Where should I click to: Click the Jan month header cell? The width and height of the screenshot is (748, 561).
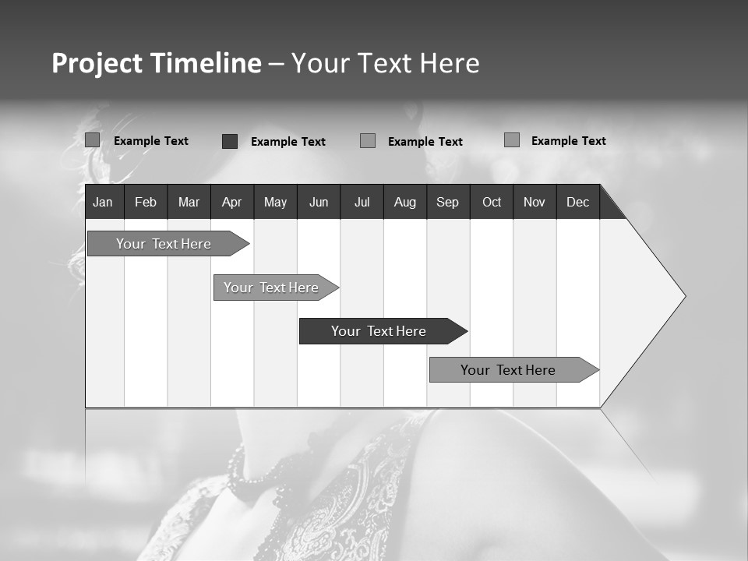coord(103,202)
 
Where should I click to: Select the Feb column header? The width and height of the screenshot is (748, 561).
coord(146,202)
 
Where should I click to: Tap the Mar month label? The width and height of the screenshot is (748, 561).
coord(189,202)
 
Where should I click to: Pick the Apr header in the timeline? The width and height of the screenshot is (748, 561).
coord(231,202)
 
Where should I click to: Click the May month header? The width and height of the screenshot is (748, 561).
coord(275,202)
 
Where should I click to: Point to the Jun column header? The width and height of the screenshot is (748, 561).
coord(319,202)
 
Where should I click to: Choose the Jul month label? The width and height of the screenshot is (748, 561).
coord(362,202)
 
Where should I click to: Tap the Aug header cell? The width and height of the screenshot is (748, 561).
coord(405,202)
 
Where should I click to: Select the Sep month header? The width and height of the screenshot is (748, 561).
coord(448,202)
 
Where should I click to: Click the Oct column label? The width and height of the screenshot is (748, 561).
coord(492,202)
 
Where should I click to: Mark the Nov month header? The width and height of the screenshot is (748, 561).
coord(535,202)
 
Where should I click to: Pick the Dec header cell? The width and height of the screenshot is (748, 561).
coord(578,202)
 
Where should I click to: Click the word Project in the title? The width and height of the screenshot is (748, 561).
coord(96,63)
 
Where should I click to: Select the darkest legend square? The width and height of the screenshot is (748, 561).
coord(230,141)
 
